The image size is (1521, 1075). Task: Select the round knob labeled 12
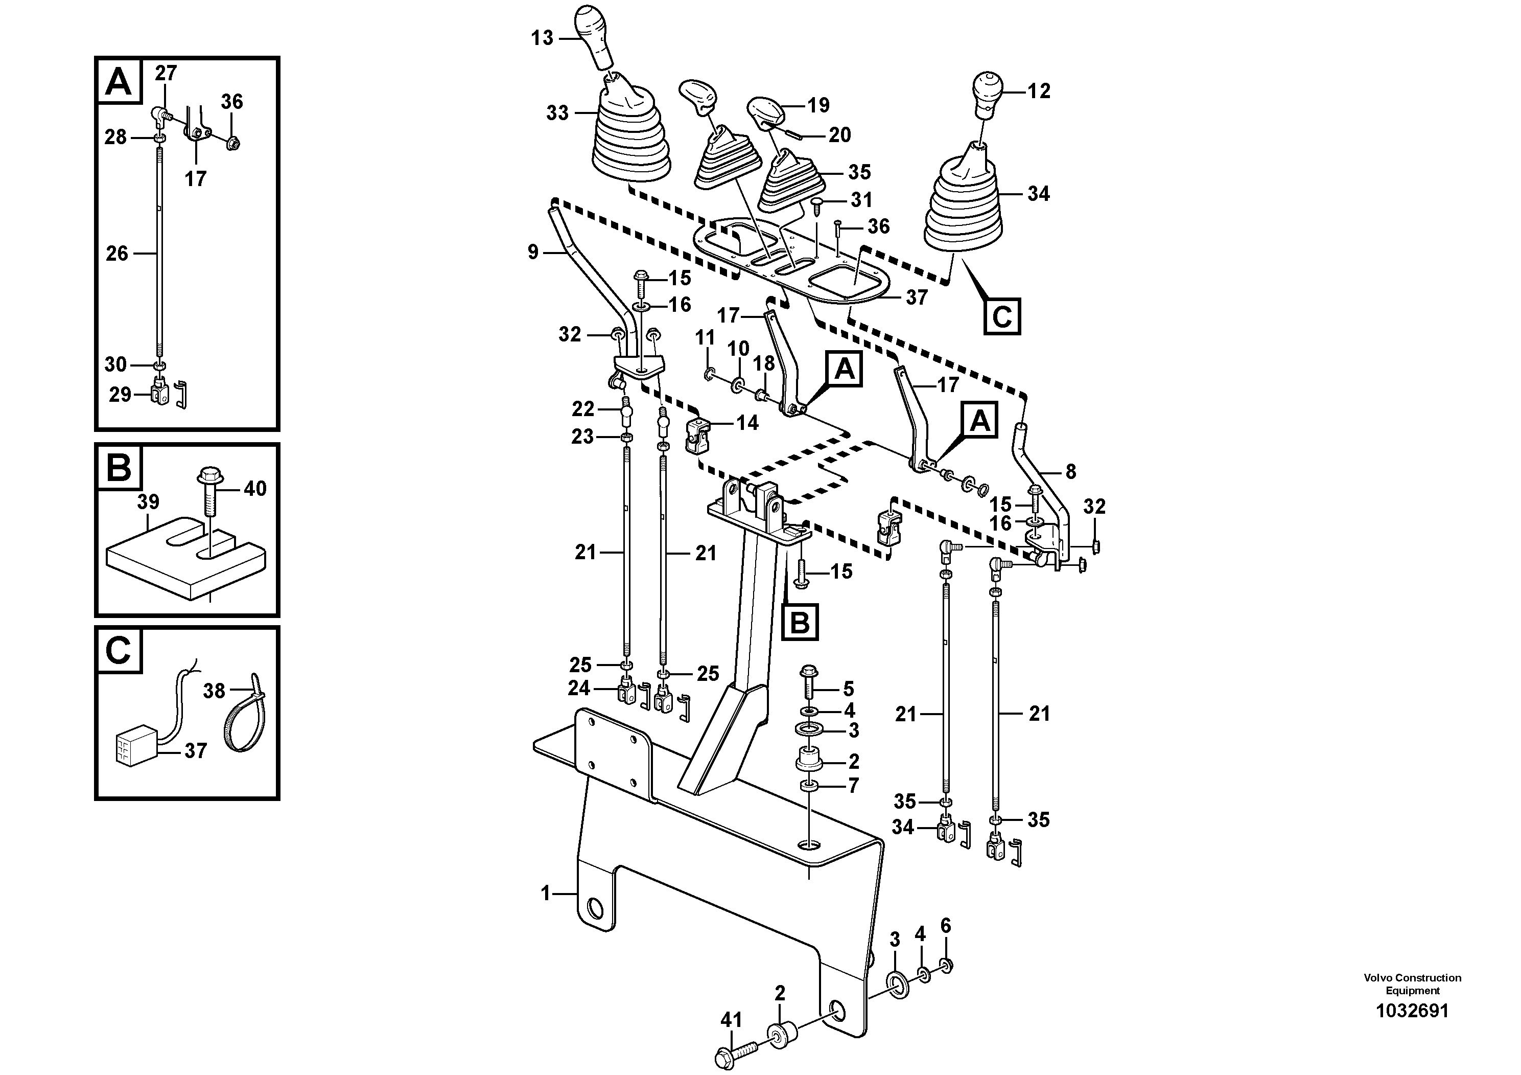coord(987,91)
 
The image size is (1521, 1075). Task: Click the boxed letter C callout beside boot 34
coord(1001,316)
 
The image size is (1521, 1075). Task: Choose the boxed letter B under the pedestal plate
coord(800,622)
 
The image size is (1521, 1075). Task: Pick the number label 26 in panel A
coord(117,254)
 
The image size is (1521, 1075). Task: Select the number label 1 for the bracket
coord(545,894)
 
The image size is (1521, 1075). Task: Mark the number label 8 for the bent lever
coord(1070,472)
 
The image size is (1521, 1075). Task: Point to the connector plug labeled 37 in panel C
coord(136,749)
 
